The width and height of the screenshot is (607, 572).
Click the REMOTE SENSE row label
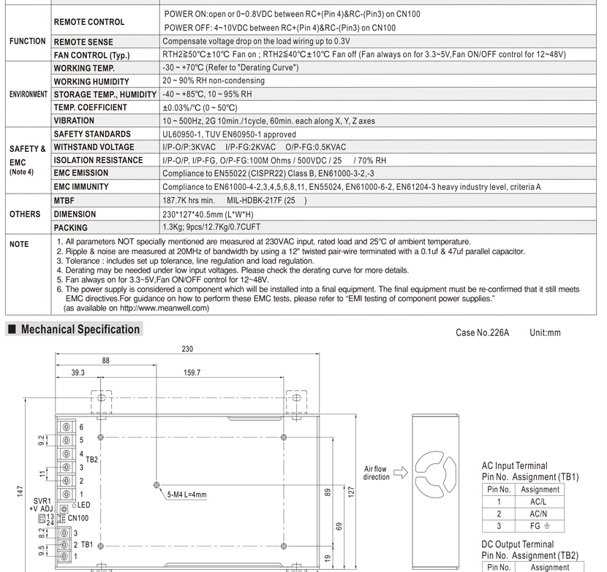click(85, 42)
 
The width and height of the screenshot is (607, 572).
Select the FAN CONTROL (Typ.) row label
click(91, 56)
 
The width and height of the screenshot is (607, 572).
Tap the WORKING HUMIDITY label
click(91, 82)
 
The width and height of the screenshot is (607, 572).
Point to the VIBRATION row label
click(74, 121)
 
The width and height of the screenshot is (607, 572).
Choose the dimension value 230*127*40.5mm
click(208, 214)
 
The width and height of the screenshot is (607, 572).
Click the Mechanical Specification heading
click(80, 329)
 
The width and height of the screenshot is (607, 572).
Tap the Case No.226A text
click(482, 333)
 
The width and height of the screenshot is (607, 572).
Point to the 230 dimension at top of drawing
click(188, 349)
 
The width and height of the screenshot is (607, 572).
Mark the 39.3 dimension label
click(78, 373)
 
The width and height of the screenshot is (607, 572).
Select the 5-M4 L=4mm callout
click(186, 495)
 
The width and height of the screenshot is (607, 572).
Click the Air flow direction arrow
click(399, 473)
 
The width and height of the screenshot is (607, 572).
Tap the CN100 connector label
click(78, 518)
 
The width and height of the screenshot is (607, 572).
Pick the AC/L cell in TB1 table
click(540, 503)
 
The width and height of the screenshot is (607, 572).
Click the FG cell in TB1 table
click(540, 526)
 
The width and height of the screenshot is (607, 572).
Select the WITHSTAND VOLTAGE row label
click(94, 148)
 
